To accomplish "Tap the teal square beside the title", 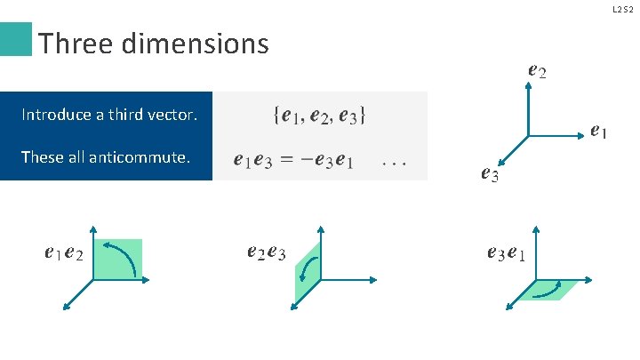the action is (x=16, y=40).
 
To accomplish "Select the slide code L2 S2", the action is (x=623, y=9).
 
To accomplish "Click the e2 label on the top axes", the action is (x=536, y=69).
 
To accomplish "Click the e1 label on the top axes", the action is (x=599, y=132).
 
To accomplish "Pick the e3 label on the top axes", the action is (x=489, y=174).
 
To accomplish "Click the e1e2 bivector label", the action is (x=64, y=254).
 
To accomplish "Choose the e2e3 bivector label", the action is (x=266, y=253).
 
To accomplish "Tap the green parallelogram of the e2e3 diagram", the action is (x=307, y=271).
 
